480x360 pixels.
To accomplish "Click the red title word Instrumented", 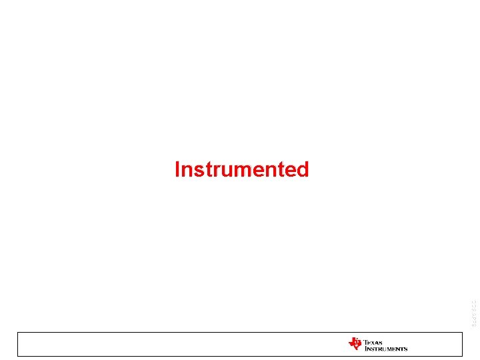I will click(x=241, y=169).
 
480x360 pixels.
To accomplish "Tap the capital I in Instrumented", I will click(x=177, y=169).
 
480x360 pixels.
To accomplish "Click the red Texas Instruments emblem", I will click(x=355, y=344).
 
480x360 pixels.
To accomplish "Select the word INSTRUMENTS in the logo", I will click(x=385, y=349).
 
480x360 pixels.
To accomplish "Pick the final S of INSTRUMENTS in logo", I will click(x=405, y=349).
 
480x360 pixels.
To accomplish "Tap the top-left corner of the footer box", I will click(x=17, y=332).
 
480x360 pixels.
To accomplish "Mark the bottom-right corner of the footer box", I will click(x=462, y=356).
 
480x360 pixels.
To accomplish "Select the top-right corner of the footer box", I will click(x=462, y=332).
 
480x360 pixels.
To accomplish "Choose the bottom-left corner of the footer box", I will click(x=17, y=356).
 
